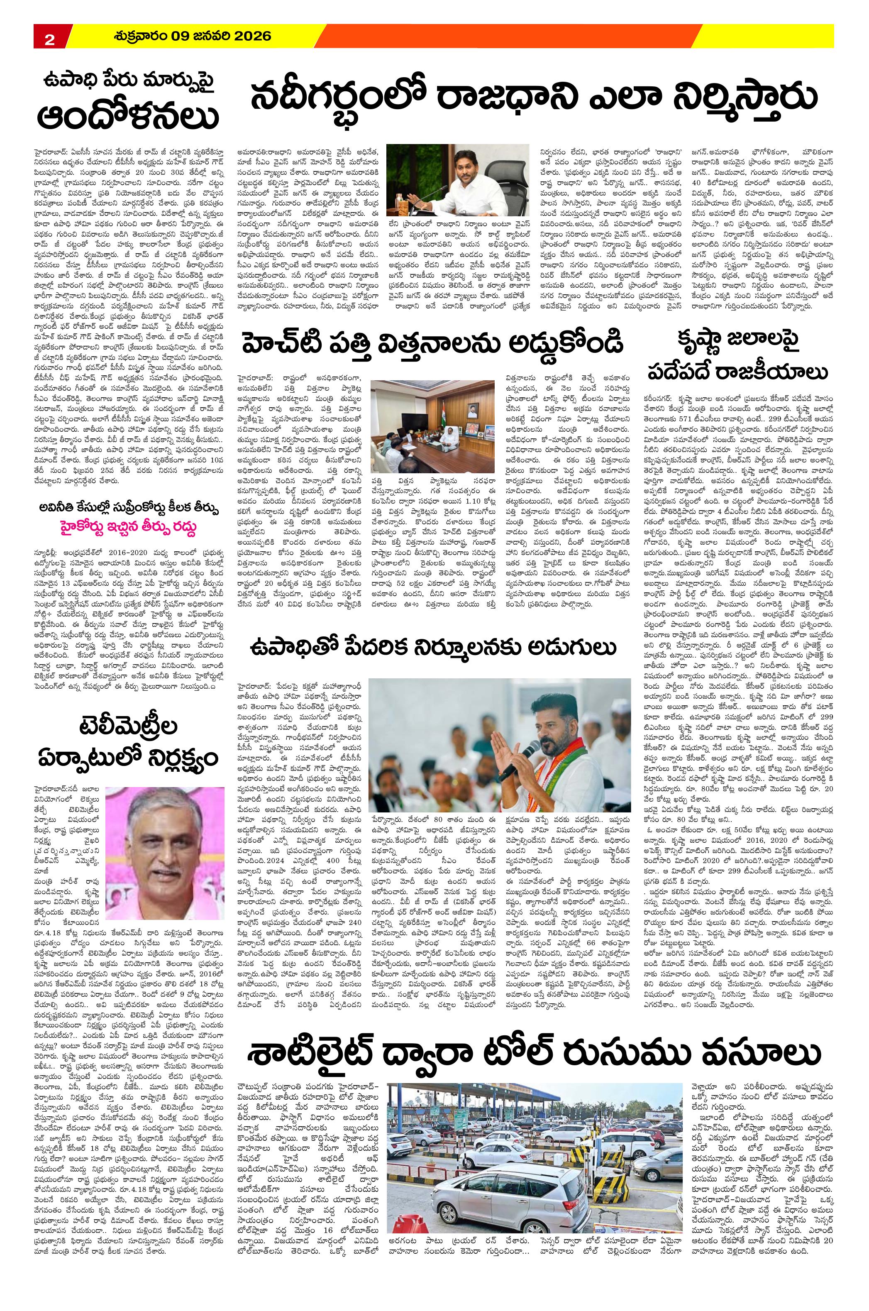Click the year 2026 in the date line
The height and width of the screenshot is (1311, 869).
(249, 37)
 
